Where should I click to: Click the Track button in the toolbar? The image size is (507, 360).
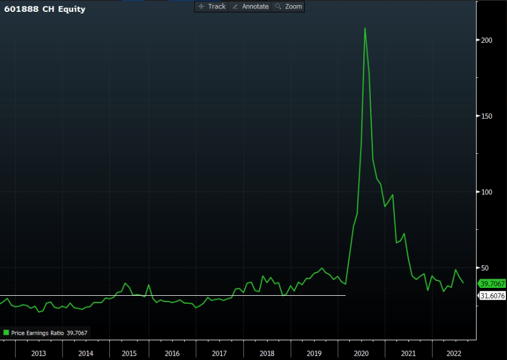(212, 6)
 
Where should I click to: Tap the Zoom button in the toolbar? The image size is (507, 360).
(288, 6)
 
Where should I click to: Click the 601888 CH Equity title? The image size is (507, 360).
(45, 9)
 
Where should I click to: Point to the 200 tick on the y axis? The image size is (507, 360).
(484, 41)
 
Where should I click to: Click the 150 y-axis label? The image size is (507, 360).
(484, 117)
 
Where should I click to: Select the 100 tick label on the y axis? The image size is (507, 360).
(484, 193)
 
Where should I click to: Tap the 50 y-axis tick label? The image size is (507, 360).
(483, 268)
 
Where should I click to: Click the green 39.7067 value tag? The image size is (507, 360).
(492, 283)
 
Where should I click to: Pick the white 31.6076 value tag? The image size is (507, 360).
(492, 296)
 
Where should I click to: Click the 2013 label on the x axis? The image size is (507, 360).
(38, 353)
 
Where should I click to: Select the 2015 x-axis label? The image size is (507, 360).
(129, 353)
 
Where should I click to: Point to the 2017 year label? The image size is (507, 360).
(219, 353)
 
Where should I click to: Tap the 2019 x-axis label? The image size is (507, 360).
(314, 353)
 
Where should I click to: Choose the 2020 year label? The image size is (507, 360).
(361, 353)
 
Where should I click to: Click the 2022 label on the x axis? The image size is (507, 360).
(453, 353)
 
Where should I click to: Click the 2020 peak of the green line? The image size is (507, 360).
(365, 28)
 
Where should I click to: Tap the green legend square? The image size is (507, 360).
(7, 333)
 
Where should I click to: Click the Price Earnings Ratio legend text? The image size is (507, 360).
(37, 333)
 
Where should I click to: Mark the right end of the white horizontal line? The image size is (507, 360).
(345, 295)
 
